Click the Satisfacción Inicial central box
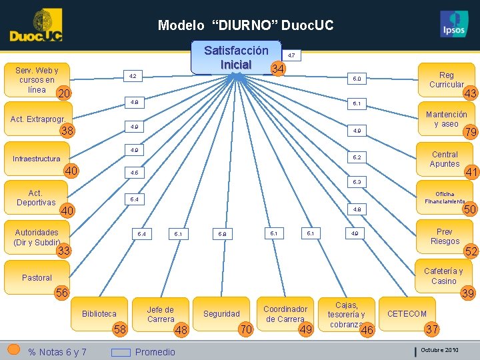[x=236, y=58]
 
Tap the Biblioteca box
[x=99, y=313]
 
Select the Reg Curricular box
[x=446, y=79]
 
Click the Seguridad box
[x=221, y=313]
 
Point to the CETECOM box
[x=407, y=313]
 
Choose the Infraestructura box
[x=37, y=159]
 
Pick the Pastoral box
[x=37, y=277]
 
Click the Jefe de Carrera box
[x=160, y=313]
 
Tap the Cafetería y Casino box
[x=443, y=276]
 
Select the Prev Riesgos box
[x=445, y=236]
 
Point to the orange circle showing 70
[x=246, y=329]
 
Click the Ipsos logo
[x=454, y=25]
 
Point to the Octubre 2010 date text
[x=439, y=350]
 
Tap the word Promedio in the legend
[x=155, y=351]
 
